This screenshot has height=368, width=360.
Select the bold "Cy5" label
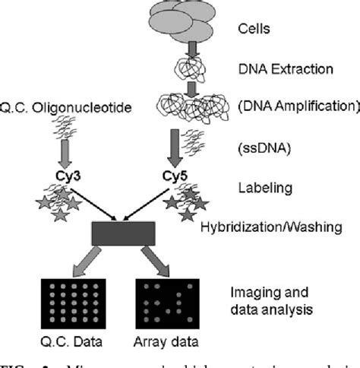[176, 175]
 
